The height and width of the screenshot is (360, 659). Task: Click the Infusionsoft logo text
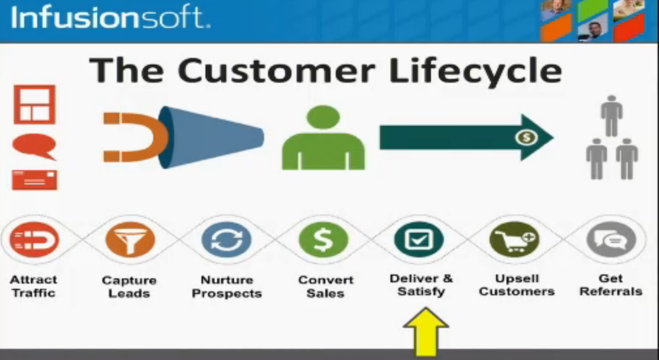tap(111, 17)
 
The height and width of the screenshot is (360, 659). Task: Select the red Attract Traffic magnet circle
tap(34, 239)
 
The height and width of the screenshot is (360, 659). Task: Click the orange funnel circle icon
tap(130, 239)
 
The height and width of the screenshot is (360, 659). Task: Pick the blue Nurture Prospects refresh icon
tap(226, 239)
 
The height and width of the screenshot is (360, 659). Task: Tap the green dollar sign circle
tap(323, 239)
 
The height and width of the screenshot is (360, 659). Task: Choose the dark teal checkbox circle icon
tap(419, 239)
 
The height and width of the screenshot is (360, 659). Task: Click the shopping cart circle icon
tap(515, 239)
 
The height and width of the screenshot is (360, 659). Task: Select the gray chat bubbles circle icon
tap(611, 239)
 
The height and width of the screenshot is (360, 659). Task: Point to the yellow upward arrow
tap(426, 332)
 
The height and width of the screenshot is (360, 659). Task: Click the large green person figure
tap(323, 137)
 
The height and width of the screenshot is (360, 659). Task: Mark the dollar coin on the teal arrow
tap(527, 137)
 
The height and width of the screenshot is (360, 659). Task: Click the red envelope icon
tap(35, 180)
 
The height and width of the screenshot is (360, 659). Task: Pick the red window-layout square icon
tap(34, 104)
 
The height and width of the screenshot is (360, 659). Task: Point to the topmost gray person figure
tap(612, 116)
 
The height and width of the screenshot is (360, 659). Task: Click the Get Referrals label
tap(611, 285)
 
